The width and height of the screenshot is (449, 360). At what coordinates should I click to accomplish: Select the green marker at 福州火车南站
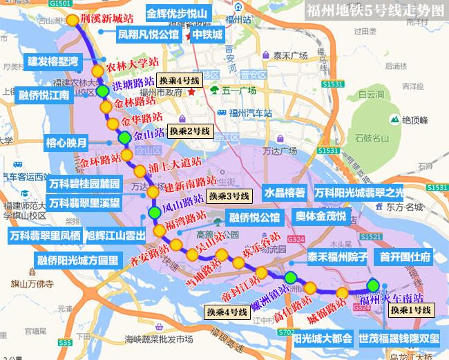373,285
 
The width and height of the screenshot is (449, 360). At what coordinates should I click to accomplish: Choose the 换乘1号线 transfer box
410,310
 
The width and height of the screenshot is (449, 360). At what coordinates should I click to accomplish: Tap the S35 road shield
65,342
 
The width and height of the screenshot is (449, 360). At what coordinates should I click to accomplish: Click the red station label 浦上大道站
175,167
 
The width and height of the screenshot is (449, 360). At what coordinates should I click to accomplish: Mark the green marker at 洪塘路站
102,91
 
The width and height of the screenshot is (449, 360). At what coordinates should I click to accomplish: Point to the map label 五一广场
239,91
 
